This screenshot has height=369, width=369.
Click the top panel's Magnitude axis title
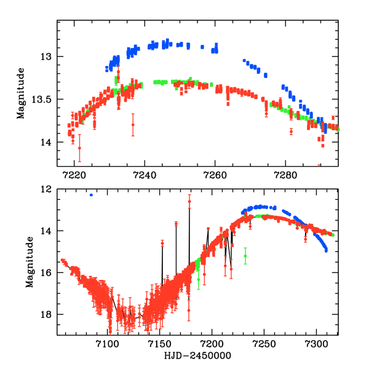(x=20, y=94)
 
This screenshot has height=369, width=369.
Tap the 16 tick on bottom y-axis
(x=49, y=273)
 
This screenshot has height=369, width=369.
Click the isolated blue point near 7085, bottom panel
(x=91, y=195)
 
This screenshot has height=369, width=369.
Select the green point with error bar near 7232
(x=245, y=256)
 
